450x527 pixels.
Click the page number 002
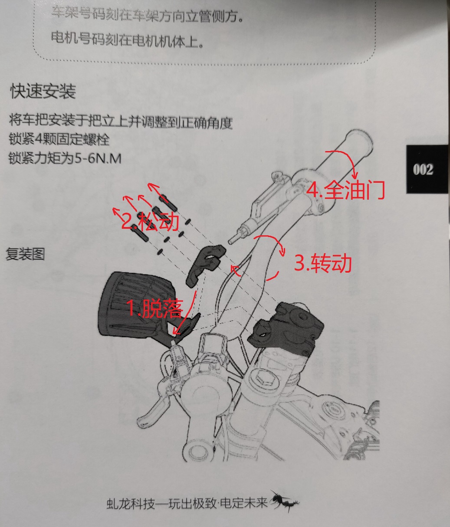pos(423,170)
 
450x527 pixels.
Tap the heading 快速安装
pos(43,91)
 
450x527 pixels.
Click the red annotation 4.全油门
pos(345,190)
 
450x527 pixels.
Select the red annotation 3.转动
pos(323,263)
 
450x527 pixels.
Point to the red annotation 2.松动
pos(150,221)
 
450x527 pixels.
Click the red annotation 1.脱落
pos(155,309)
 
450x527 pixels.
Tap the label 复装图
pos(25,254)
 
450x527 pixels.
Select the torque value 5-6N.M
pos(98,158)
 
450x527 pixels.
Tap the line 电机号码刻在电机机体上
pos(128,40)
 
